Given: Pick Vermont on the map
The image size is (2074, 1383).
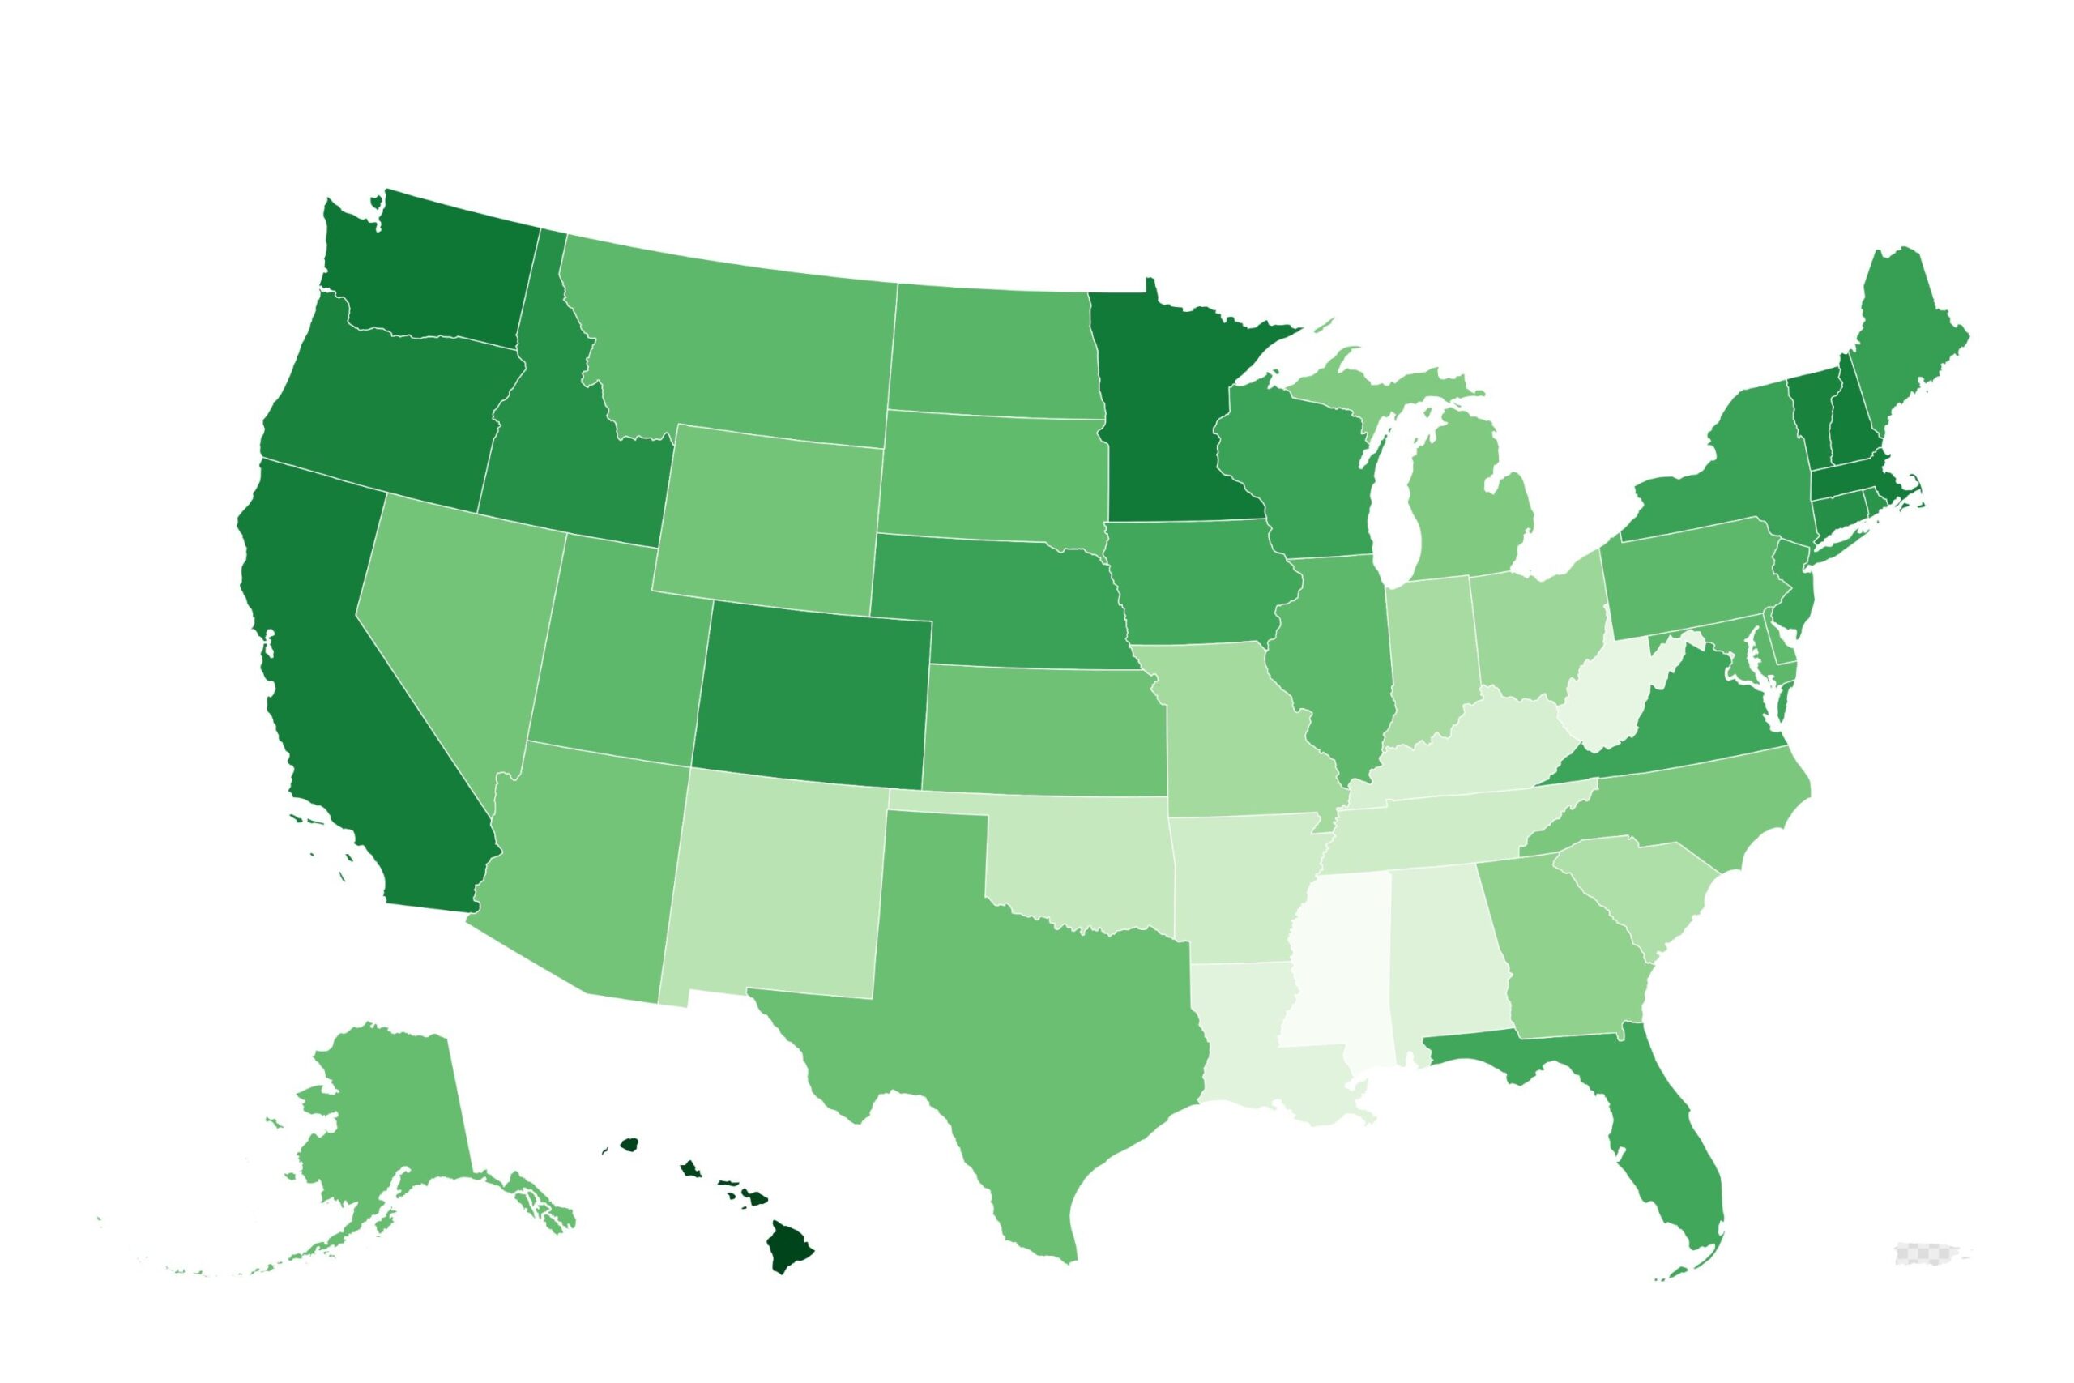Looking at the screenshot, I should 1807,415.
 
